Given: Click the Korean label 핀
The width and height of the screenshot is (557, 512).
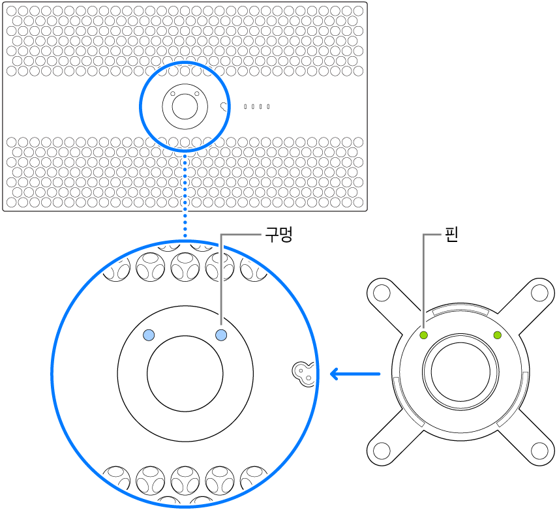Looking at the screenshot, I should pyautogui.click(x=450, y=235).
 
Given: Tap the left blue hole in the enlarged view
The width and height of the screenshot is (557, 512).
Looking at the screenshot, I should pyautogui.click(x=149, y=335).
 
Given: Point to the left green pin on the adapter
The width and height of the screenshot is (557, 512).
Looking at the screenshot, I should pyautogui.click(x=423, y=335).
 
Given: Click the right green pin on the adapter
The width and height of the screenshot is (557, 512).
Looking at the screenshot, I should pyautogui.click(x=498, y=335).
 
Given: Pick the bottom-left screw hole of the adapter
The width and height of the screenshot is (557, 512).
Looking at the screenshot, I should pyautogui.click(x=382, y=450).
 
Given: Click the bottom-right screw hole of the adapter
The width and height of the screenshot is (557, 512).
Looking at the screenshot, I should pyautogui.click(x=539, y=450).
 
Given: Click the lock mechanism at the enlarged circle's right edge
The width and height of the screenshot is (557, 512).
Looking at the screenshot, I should pyautogui.click(x=303, y=372).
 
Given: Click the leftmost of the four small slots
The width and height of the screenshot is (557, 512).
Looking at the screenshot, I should pyautogui.click(x=245, y=106).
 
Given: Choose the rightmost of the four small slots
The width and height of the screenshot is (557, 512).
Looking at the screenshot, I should pyautogui.click(x=268, y=106).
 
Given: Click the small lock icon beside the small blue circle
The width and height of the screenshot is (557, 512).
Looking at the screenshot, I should pyautogui.click(x=224, y=106).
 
